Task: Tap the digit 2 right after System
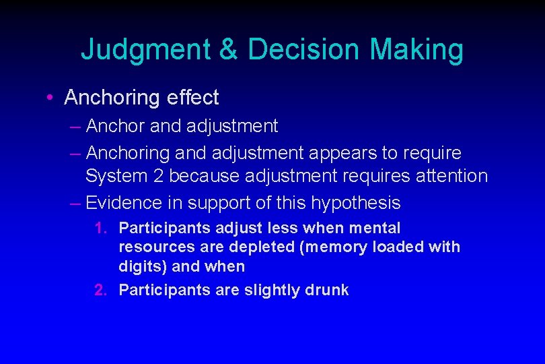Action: tap(162, 177)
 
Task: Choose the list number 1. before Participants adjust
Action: tap(101, 229)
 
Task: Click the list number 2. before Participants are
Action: tap(101, 291)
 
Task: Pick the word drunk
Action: tap(326, 291)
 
